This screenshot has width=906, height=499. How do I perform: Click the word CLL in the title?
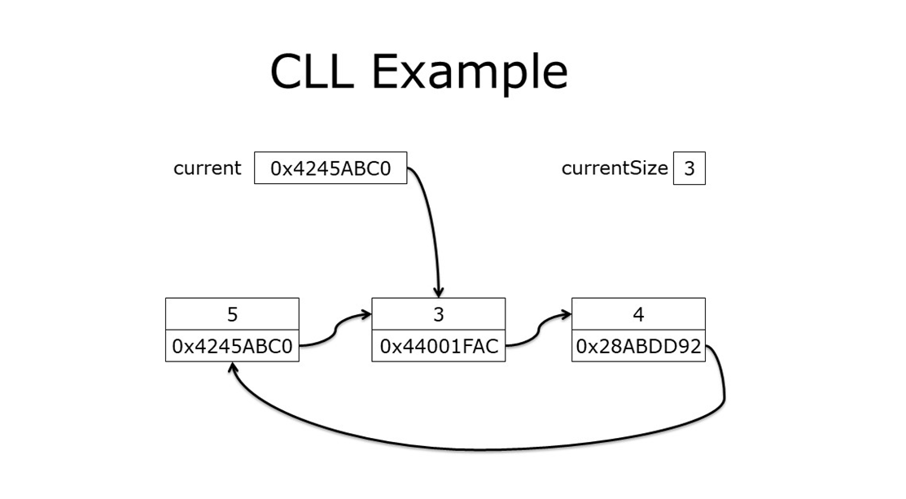(x=312, y=72)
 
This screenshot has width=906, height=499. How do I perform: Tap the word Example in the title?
(x=470, y=72)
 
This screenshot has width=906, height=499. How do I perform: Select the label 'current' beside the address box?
(x=208, y=169)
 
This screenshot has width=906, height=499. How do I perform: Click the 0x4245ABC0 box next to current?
(x=330, y=169)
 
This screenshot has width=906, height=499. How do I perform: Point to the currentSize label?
(x=615, y=169)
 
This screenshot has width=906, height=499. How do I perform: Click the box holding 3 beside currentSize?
(x=689, y=169)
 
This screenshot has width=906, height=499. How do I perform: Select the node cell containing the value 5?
(x=232, y=314)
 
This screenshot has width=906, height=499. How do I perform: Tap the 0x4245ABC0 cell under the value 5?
(x=232, y=346)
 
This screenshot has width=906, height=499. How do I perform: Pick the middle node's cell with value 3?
(x=438, y=314)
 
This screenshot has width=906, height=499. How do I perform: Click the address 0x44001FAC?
(x=438, y=346)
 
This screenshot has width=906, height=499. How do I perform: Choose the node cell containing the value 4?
(x=638, y=314)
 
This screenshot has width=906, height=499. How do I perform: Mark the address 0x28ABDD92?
(x=638, y=346)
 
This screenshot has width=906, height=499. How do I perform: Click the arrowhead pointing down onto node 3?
(x=439, y=291)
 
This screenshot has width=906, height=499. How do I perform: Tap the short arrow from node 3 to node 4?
(x=538, y=330)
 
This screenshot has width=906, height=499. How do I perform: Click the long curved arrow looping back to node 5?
(x=480, y=449)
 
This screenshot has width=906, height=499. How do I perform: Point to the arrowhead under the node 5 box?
(x=234, y=368)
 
